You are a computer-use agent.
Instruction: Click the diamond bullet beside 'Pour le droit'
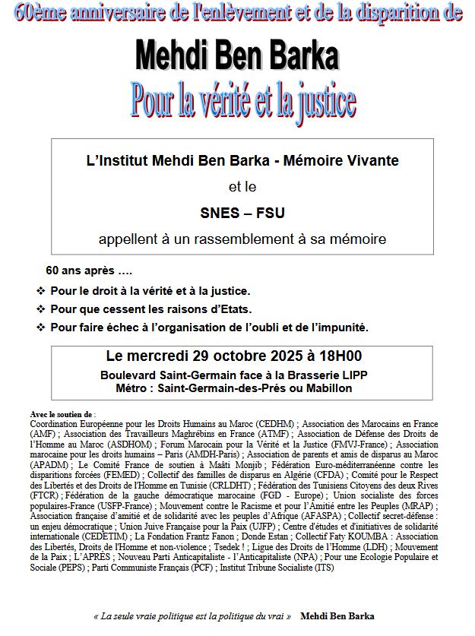pyautogui.click(x=40, y=291)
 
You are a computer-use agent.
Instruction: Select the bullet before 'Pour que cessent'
pyautogui.click(x=40, y=309)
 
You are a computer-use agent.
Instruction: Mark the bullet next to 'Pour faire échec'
pyautogui.click(x=40, y=327)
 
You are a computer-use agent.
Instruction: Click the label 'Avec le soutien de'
pyautogui.click(x=62, y=414)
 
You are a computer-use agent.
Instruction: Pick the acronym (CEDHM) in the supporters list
pyautogui.click(x=272, y=422)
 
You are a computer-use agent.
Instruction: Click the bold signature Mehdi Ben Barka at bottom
pyautogui.click(x=337, y=616)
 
